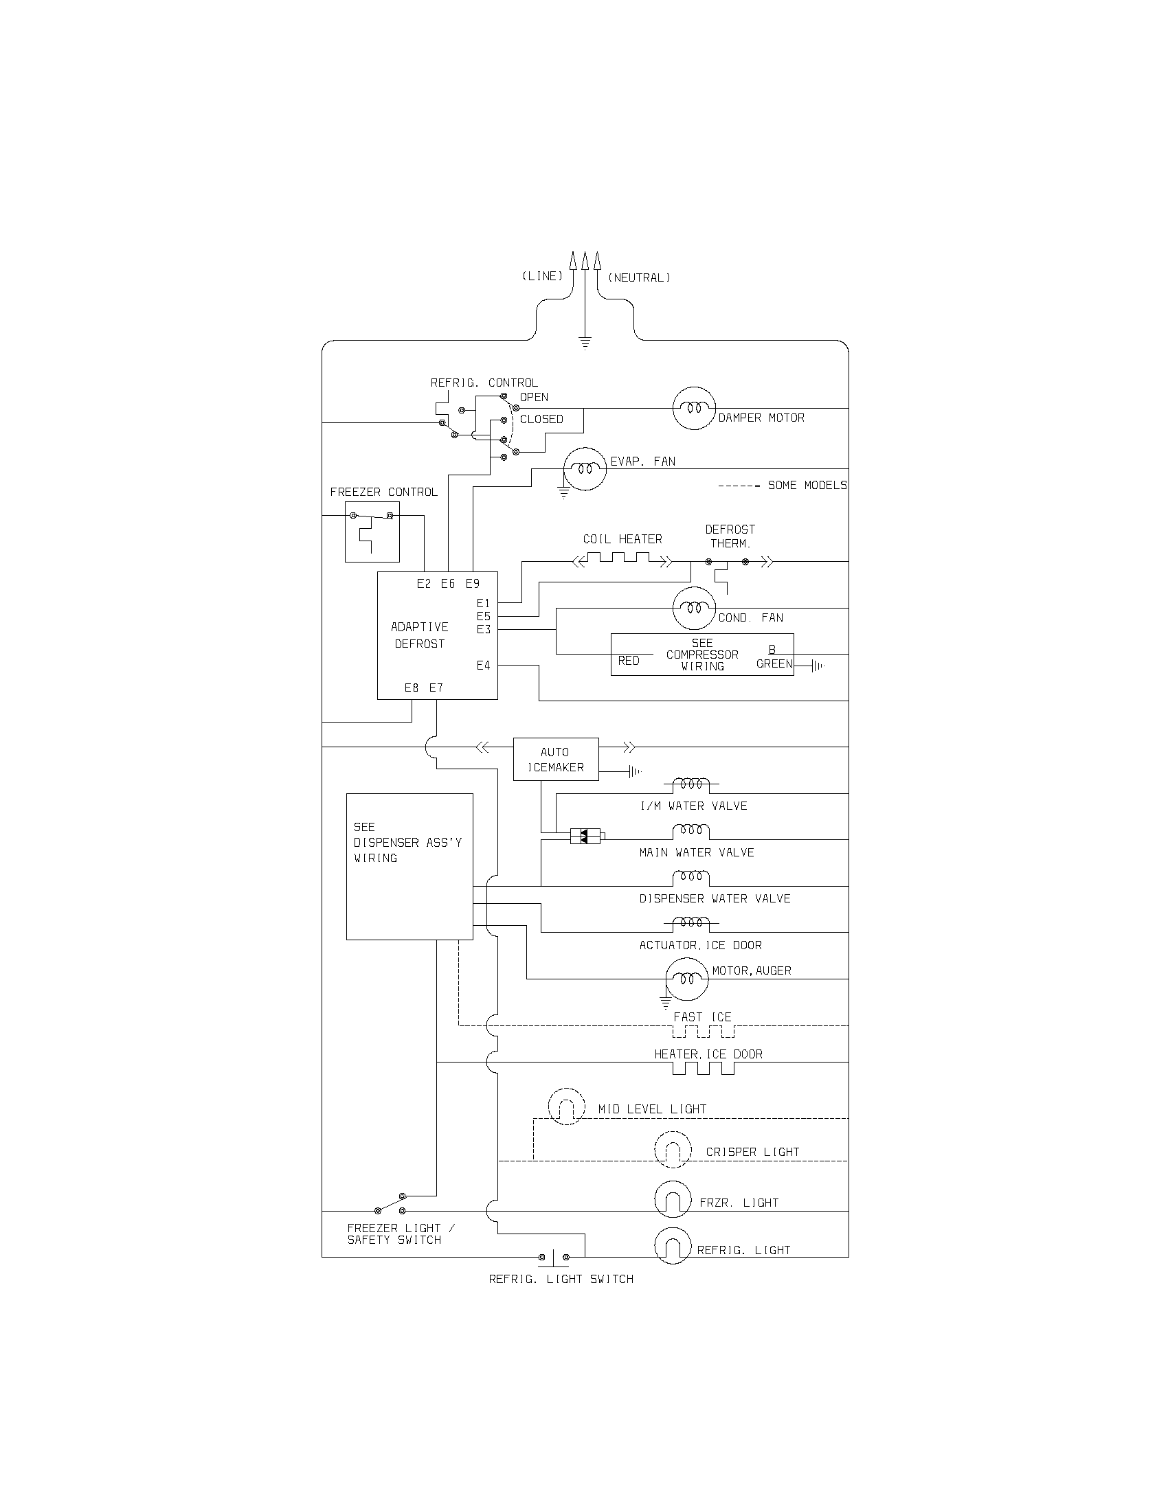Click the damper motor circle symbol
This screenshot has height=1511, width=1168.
[x=694, y=408]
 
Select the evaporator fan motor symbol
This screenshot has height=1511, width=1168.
[x=585, y=468]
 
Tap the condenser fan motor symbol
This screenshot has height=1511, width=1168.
[x=693, y=608]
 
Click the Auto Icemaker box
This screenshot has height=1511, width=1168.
[x=556, y=759]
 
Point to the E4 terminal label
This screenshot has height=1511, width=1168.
[x=483, y=665]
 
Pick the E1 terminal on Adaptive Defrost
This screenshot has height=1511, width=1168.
[x=483, y=603]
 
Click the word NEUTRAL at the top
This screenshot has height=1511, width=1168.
[x=639, y=277]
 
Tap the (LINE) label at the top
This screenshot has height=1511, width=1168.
[x=542, y=276]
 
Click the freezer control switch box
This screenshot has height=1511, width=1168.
[x=372, y=532]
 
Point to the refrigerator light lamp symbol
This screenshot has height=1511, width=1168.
[x=673, y=1246]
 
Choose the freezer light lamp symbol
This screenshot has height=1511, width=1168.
[x=673, y=1199]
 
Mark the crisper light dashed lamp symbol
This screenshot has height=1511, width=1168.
[x=673, y=1150]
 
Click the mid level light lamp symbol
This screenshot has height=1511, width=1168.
[x=566, y=1106]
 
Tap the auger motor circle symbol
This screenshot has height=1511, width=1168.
[x=686, y=979]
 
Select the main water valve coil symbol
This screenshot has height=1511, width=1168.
[x=691, y=831]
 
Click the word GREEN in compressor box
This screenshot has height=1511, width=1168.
[x=774, y=663]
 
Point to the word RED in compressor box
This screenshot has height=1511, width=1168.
[x=628, y=661]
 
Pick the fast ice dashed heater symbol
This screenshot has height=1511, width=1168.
[x=703, y=1032]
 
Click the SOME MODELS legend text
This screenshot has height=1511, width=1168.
[x=807, y=485]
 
